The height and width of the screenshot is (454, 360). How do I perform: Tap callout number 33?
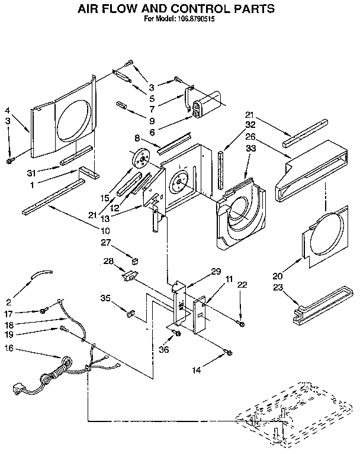[250, 149]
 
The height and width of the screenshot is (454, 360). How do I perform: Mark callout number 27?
[105, 242]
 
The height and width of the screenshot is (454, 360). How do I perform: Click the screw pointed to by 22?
[239, 323]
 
